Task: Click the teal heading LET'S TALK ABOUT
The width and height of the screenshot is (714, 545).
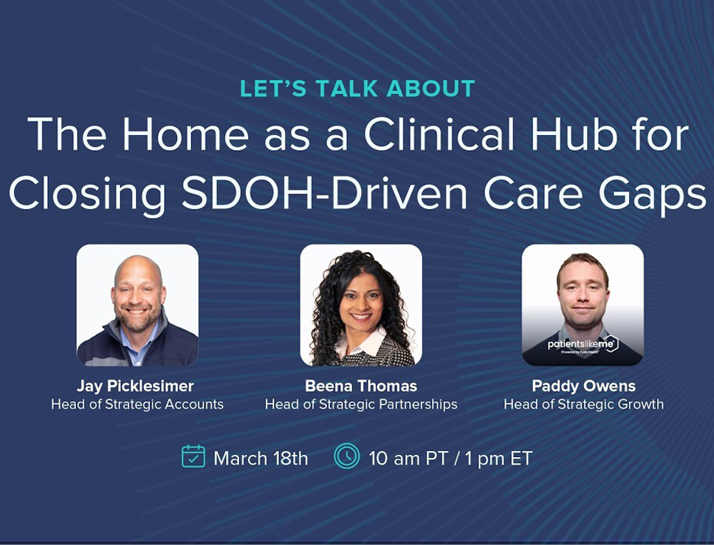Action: (x=357, y=89)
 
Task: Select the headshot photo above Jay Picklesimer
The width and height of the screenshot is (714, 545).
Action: (x=137, y=305)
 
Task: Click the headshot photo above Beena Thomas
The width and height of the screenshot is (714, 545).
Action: (x=361, y=305)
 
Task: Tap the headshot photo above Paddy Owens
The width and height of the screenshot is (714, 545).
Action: (x=583, y=305)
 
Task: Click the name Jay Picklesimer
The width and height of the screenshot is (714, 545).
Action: (x=137, y=386)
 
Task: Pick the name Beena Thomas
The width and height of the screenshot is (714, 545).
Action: (x=361, y=386)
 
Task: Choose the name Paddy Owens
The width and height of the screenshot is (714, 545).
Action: (x=583, y=386)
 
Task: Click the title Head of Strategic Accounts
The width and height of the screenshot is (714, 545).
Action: (x=137, y=404)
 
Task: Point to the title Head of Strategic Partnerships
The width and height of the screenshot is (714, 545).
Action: (x=361, y=404)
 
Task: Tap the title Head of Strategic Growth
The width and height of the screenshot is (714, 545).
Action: (x=583, y=404)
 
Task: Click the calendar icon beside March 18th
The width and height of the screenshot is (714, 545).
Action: (x=193, y=456)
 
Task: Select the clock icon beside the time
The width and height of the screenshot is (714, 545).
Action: (x=346, y=456)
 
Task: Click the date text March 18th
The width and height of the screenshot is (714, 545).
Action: (x=261, y=458)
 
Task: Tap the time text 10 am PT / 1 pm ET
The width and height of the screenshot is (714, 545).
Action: (x=450, y=458)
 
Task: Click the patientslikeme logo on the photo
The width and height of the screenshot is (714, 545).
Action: (x=583, y=345)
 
